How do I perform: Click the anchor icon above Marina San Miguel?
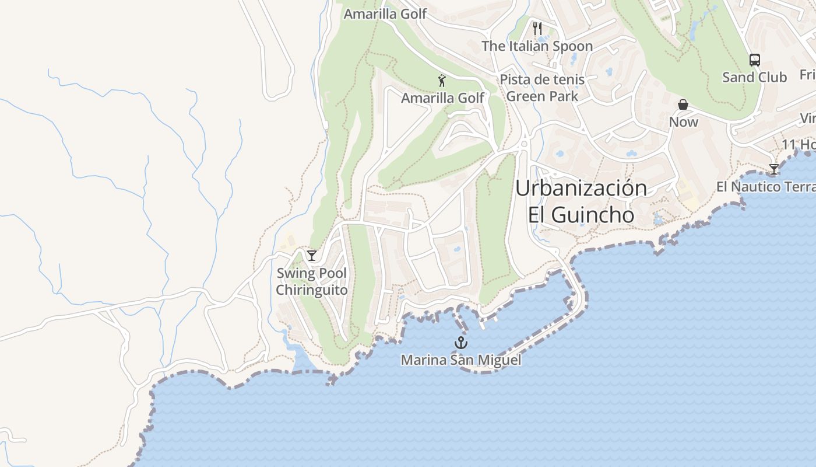[x=461, y=342]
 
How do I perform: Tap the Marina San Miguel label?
[x=460, y=360]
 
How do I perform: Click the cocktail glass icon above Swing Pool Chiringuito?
[x=312, y=255]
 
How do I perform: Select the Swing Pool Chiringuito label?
[x=311, y=281]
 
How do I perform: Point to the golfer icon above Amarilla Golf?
[x=442, y=81]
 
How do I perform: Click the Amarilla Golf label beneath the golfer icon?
[x=442, y=98]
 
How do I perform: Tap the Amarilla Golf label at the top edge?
[x=385, y=13]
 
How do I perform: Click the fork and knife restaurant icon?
[x=537, y=27]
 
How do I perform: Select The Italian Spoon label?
[x=537, y=46]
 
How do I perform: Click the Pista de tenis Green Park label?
[x=542, y=88]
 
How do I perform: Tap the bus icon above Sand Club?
[x=754, y=60]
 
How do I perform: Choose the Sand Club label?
[x=754, y=77]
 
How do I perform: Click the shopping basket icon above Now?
[x=683, y=104]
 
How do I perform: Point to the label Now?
[x=683, y=122]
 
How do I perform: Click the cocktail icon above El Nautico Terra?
[x=773, y=169]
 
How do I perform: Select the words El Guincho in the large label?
[x=581, y=215]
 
